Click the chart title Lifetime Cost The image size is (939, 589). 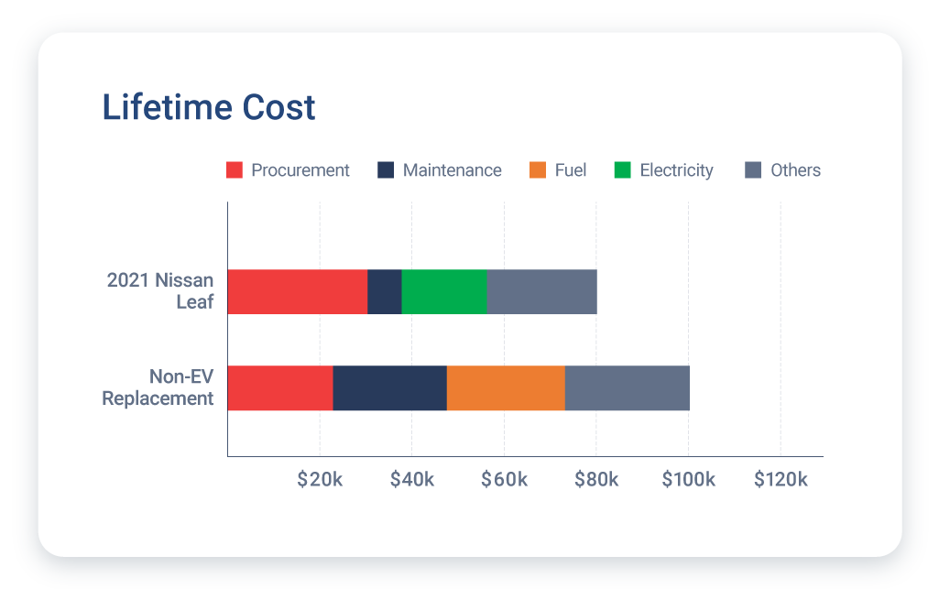208,107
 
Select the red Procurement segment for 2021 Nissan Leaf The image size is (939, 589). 297,292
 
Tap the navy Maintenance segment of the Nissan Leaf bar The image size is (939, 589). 385,292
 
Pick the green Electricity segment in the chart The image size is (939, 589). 444,292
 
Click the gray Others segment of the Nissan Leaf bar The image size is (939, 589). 542,292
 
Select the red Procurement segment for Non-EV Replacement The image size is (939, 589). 279,387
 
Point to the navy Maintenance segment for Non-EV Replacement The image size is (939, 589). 389,387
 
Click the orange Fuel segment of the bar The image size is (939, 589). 506,387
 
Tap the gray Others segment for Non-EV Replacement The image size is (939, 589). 628,387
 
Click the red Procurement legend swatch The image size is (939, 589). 235,170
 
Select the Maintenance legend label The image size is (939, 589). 452,170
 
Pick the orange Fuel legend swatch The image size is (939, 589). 538,170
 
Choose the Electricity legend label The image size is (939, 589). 676,170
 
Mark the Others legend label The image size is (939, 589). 795,170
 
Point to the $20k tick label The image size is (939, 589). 320,480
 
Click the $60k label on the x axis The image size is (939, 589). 504,480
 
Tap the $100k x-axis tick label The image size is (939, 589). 688,480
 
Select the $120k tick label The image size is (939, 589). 781,480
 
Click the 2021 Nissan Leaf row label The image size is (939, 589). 160,290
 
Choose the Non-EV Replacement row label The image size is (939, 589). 158,387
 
